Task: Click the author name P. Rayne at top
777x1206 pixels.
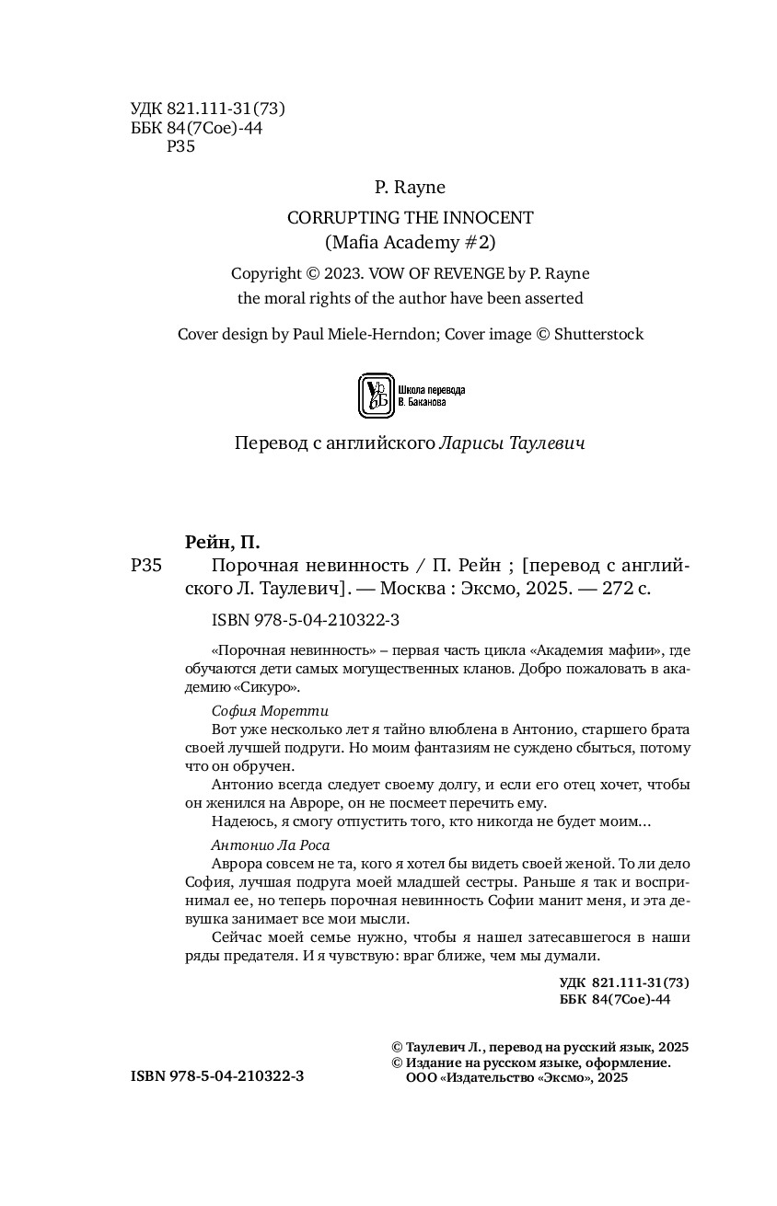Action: click(x=410, y=188)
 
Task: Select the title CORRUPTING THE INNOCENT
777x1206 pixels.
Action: click(x=410, y=218)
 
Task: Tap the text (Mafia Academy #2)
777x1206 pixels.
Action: click(x=410, y=242)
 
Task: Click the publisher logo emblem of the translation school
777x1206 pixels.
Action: click(x=374, y=396)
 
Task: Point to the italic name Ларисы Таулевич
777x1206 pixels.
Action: click(x=512, y=443)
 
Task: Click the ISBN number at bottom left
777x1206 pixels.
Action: click(x=217, y=1075)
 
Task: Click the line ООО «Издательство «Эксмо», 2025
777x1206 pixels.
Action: click(x=516, y=1077)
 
